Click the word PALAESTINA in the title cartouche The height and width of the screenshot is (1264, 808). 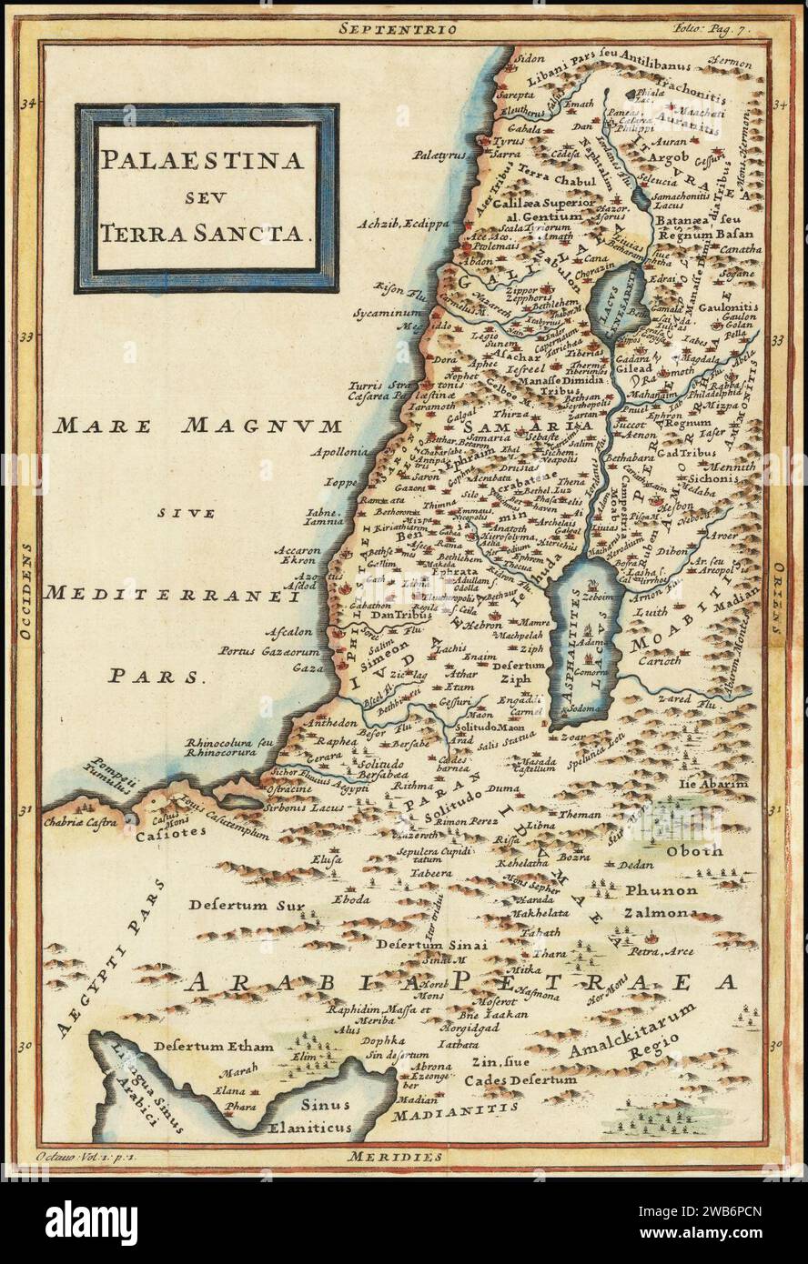[x=201, y=160]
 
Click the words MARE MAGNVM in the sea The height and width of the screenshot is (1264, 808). [x=197, y=426]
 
